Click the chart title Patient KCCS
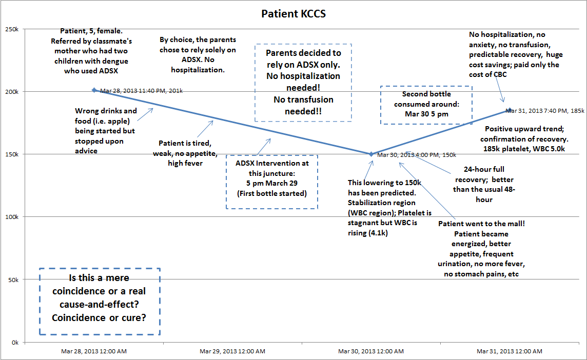point(293,14)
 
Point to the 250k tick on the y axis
point(11,29)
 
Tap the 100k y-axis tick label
point(11,217)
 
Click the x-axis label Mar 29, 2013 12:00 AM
point(232,351)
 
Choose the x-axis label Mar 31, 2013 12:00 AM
point(509,351)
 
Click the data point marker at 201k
point(94,90)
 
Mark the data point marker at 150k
point(371,154)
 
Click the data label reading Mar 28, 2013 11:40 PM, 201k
point(141,91)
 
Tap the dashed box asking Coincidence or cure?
point(100,302)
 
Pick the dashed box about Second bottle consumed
point(426,105)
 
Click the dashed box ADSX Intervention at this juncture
point(272,182)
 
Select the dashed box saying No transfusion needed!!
point(303,83)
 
